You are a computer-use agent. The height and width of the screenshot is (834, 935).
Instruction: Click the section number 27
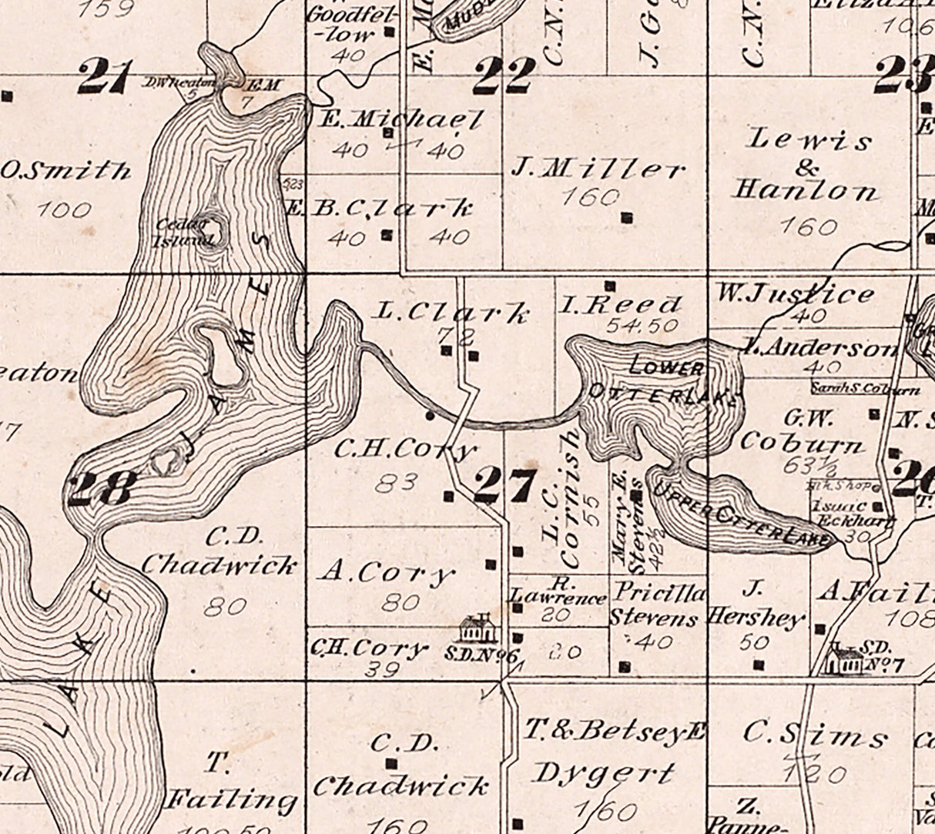tap(504, 486)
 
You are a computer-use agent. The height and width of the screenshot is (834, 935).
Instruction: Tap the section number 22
tap(504, 75)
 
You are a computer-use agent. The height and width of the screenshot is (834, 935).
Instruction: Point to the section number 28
tap(102, 488)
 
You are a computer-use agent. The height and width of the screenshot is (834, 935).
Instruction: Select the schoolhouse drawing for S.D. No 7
tap(846, 660)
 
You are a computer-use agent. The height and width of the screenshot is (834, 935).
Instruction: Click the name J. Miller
tap(598, 169)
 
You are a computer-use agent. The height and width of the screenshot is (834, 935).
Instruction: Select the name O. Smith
tap(65, 170)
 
